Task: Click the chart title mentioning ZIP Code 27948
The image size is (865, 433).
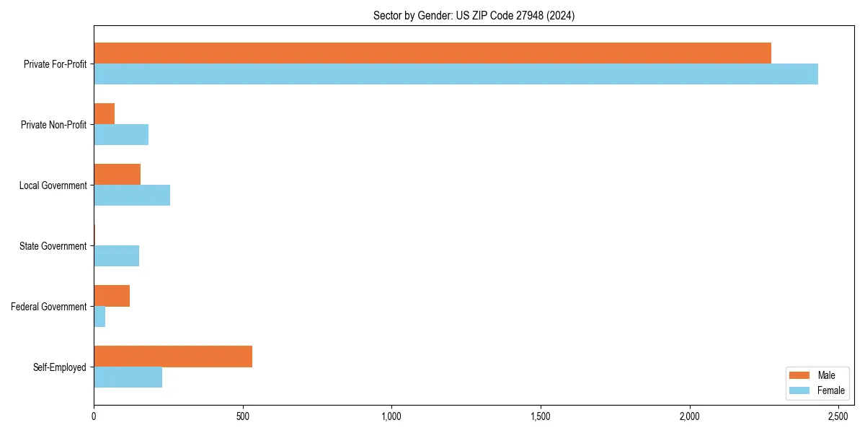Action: pyautogui.click(x=474, y=15)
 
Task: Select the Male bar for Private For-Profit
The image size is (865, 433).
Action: pyautogui.click(x=432, y=53)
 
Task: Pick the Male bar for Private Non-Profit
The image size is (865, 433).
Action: pyautogui.click(x=105, y=113)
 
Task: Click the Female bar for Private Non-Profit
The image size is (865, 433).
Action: pyautogui.click(x=121, y=134)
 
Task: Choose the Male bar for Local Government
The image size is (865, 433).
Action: pyautogui.click(x=117, y=174)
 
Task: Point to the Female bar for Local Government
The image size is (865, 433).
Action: pyautogui.click(x=132, y=195)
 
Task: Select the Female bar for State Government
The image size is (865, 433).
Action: pyautogui.click(x=117, y=255)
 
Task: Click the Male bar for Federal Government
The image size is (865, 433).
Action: pyautogui.click(x=112, y=295)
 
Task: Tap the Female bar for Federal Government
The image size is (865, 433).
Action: pyautogui.click(x=99, y=316)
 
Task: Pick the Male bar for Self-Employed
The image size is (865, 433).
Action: pyautogui.click(x=173, y=356)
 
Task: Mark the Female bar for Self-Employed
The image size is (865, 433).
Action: pyautogui.click(x=128, y=377)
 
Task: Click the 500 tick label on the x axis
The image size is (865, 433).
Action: pyautogui.click(x=243, y=417)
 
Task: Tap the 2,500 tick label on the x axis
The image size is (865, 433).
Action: pyautogui.click(x=838, y=417)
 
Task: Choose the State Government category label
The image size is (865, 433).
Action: pyautogui.click(x=53, y=246)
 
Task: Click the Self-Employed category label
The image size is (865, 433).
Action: pyautogui.click(x=60, y=367)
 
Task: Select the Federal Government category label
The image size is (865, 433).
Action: pyautogui.click(x=49, y=307)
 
